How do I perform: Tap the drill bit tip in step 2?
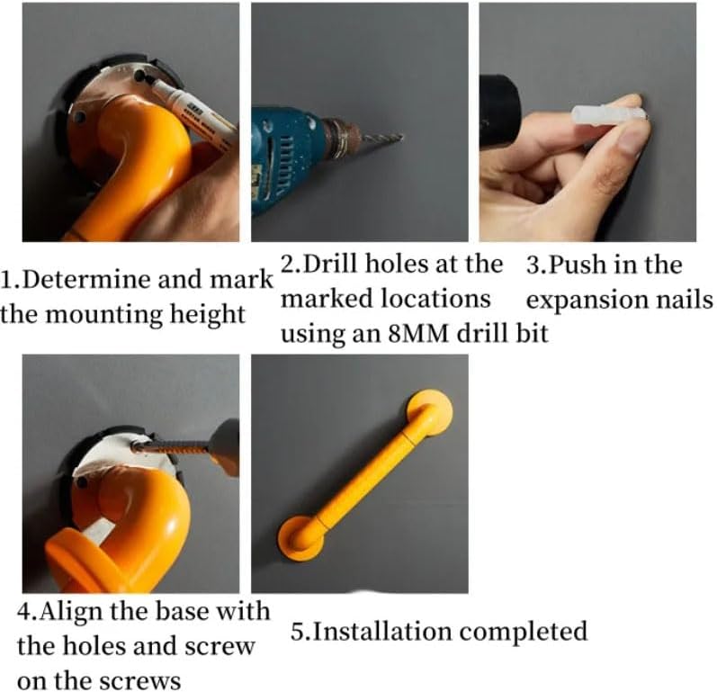tap(403, 135)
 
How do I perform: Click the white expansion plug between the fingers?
tap(608, 113)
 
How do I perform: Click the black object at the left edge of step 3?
tap(498, 112)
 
